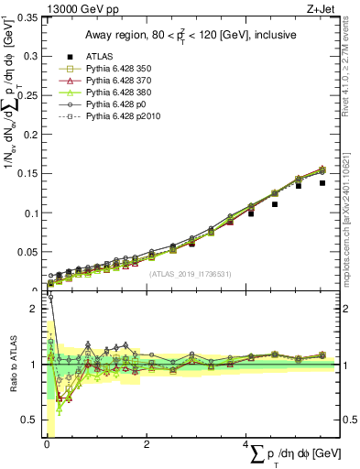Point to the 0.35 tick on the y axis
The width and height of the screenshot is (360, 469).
pos(27,18)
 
